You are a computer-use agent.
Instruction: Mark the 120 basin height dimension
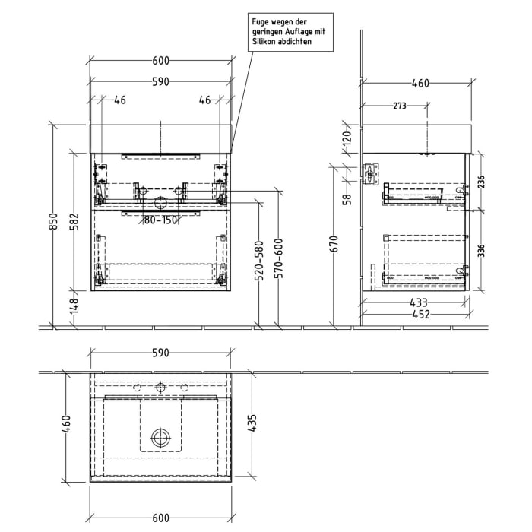coord(347,138)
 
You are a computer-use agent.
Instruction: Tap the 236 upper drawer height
coord(480,182)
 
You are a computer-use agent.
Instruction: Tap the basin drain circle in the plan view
coord(160,437)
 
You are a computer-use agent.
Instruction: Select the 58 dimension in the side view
coord(347,199)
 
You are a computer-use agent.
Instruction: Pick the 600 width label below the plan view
coord(160,518)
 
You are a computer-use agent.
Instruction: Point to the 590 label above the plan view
coord(160,353)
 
